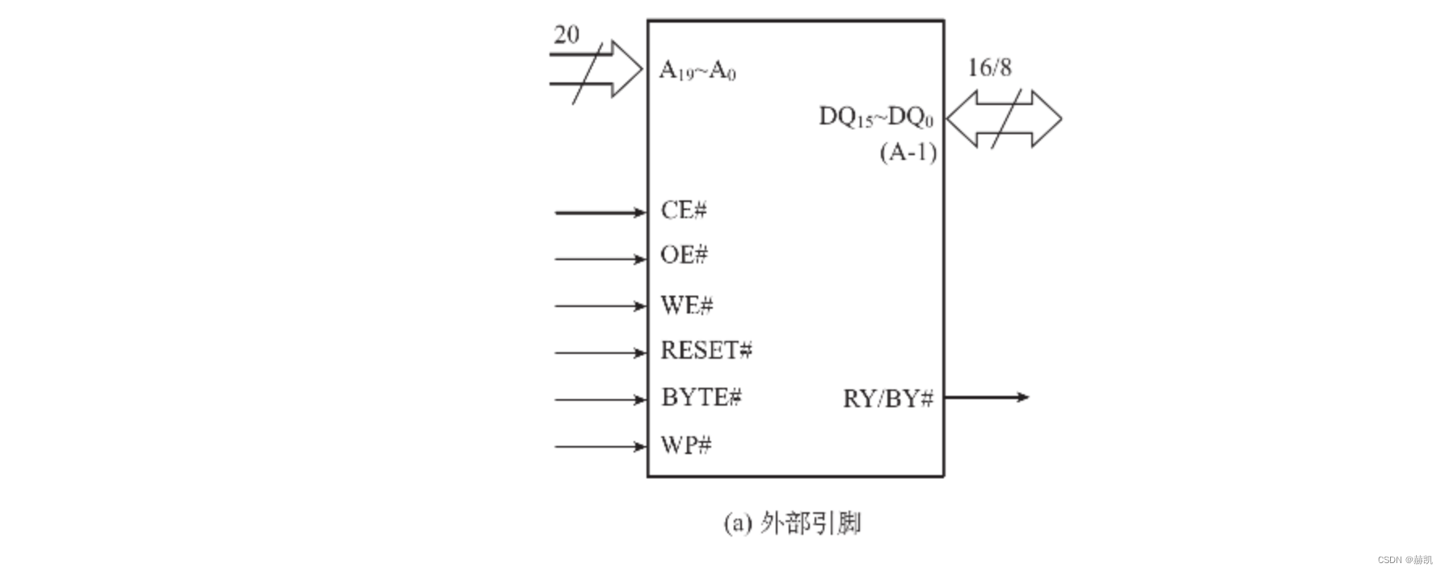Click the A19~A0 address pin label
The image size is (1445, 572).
[697, 70]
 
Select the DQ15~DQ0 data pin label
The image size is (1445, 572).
[876, 117]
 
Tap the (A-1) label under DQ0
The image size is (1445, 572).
[908, 152]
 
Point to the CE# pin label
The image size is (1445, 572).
[684, 211]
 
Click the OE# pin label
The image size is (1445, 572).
[684, 255]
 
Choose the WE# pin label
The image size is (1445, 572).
[687, 305]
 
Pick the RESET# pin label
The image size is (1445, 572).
[706, 351]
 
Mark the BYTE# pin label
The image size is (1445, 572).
[701, 397]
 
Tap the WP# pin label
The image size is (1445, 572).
[686, 445]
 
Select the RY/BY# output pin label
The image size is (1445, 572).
[888, 399]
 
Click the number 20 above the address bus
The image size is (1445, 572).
[567, 35]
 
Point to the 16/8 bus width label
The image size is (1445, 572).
[989, 68]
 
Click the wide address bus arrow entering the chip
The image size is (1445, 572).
[598, 69]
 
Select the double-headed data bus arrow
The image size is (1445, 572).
[1004, 119]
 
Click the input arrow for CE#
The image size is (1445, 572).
[600, 212]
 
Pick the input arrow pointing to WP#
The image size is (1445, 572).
[600, 446]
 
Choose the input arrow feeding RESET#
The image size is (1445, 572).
[600, 353]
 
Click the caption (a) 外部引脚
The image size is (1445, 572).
[792, 524]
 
